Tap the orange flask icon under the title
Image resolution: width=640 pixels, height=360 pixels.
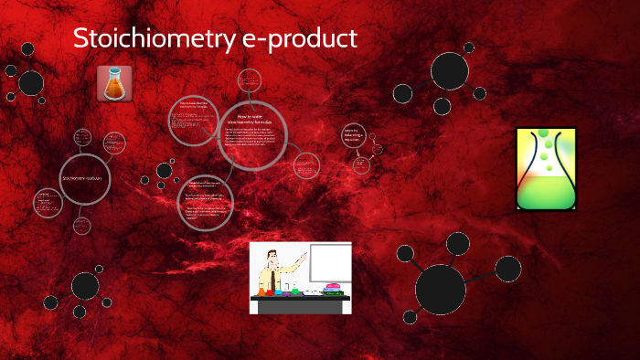point(114,83)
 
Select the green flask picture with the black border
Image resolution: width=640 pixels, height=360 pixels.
point(546,169)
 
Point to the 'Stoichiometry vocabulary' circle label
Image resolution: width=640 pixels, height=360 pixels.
point(85,176)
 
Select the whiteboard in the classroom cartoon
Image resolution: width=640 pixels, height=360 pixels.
point(329,262)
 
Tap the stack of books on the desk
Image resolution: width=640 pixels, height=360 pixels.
point(334,290)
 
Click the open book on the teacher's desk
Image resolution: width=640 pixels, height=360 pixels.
point(312,292)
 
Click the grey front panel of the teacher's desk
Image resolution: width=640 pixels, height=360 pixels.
point(300,305)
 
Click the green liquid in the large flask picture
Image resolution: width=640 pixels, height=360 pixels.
point(546,192)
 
